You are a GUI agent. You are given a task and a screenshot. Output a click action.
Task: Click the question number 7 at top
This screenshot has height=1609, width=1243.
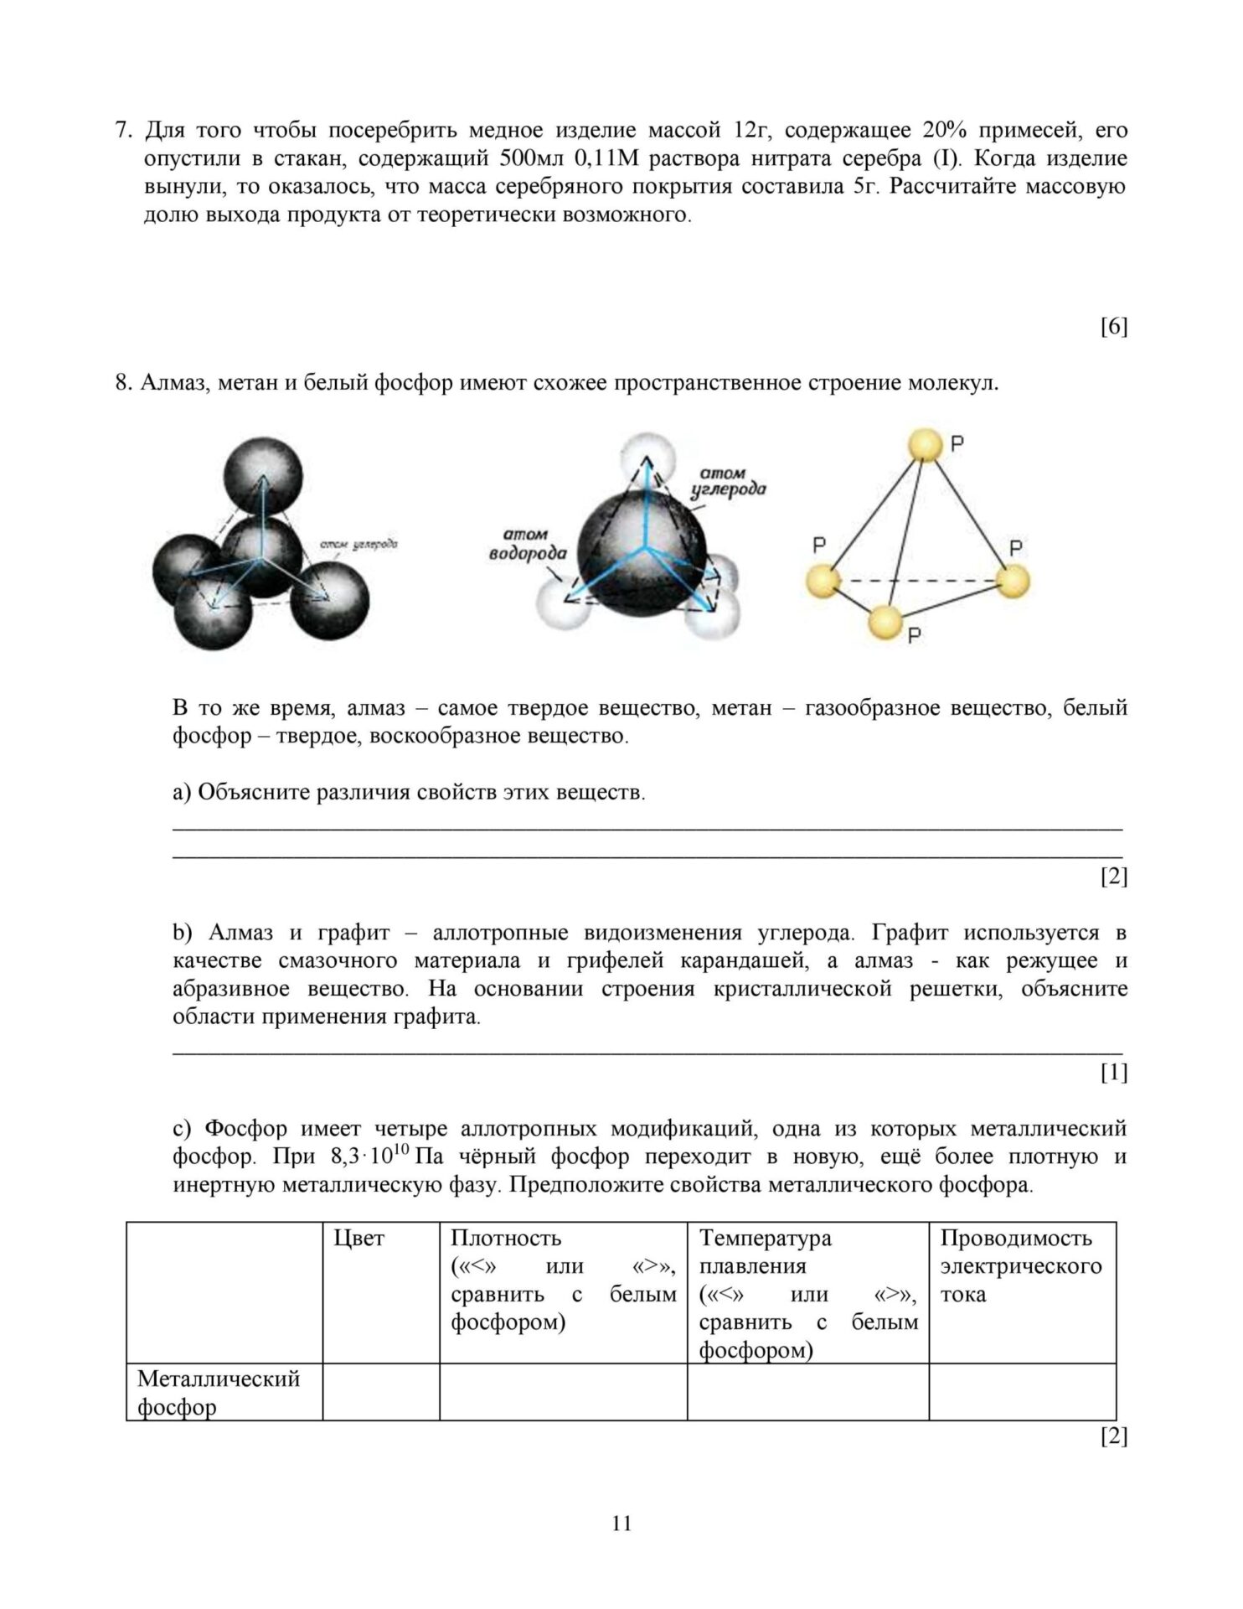tap(122, 131)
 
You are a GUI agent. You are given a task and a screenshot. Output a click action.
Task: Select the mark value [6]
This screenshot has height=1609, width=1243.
tap(1113, 327)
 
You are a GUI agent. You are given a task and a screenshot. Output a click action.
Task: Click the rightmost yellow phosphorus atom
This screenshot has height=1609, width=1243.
tap(1012, 581)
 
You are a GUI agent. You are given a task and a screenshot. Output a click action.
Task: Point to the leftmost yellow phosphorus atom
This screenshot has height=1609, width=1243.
tap(823, 581)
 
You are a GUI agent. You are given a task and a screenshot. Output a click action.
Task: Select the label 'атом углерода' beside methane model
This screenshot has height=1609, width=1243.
tap(727, 482)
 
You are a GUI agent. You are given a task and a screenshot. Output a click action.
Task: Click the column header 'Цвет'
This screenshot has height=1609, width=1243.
tap(358, 1239)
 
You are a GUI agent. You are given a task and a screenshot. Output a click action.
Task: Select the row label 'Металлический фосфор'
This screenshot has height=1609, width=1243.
tap(218, 1392)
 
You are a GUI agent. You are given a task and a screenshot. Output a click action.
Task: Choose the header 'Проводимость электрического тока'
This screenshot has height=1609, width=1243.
tap(1020, 1266)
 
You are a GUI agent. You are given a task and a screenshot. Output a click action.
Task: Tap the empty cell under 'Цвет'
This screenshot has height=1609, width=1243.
tap(381, 1392)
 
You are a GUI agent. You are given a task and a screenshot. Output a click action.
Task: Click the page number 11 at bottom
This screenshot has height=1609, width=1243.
tap(621, 1523)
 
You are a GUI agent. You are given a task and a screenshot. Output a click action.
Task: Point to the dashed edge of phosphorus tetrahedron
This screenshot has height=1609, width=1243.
tap(917, 581)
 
